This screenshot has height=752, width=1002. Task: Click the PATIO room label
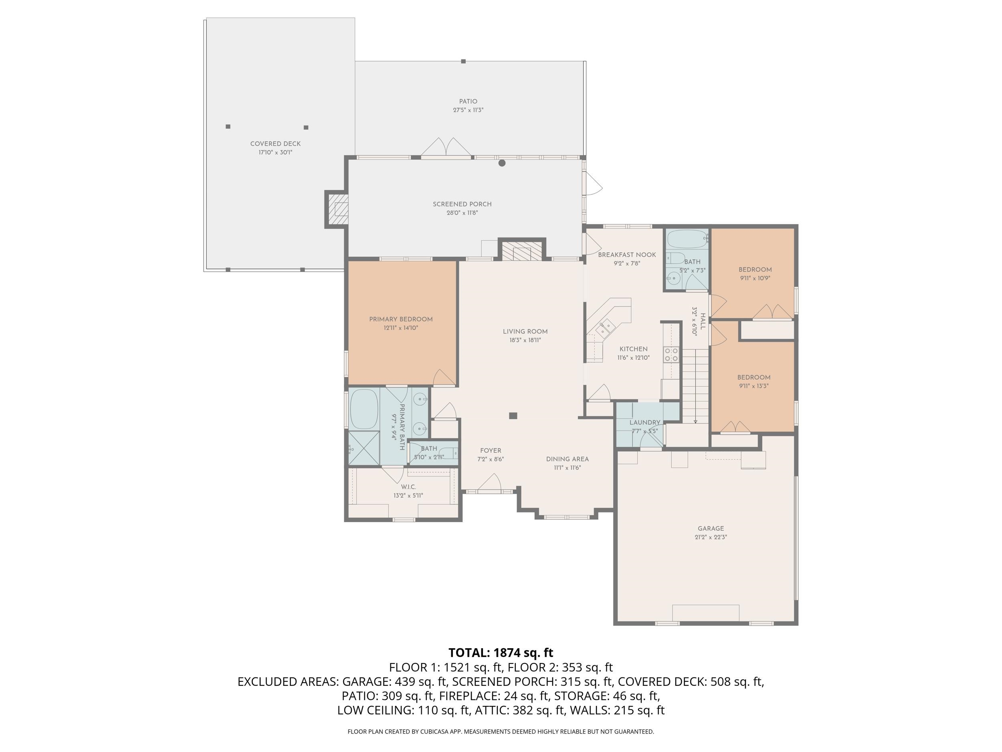point(468,101)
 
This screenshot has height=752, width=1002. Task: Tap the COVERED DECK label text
point(275,144)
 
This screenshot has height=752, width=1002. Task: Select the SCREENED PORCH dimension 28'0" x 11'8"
point(462,213)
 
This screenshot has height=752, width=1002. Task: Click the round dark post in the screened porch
point(502,163)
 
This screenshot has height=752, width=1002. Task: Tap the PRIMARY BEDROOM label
point(401,319)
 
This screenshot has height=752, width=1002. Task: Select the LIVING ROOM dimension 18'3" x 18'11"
point(525,340)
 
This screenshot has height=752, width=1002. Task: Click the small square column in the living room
point(513,416)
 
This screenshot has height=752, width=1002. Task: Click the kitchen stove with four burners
point(671,355)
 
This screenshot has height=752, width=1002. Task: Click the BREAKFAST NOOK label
point(627,255)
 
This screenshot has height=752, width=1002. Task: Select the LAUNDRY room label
point(644,422)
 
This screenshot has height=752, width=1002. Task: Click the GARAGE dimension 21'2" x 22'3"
point(711,537)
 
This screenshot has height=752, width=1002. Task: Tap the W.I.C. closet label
point(408,487)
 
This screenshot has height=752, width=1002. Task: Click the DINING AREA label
point(567,459)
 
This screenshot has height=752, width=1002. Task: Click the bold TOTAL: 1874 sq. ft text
point(501,653)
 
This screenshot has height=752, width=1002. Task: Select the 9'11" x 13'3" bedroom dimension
point(754,386)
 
